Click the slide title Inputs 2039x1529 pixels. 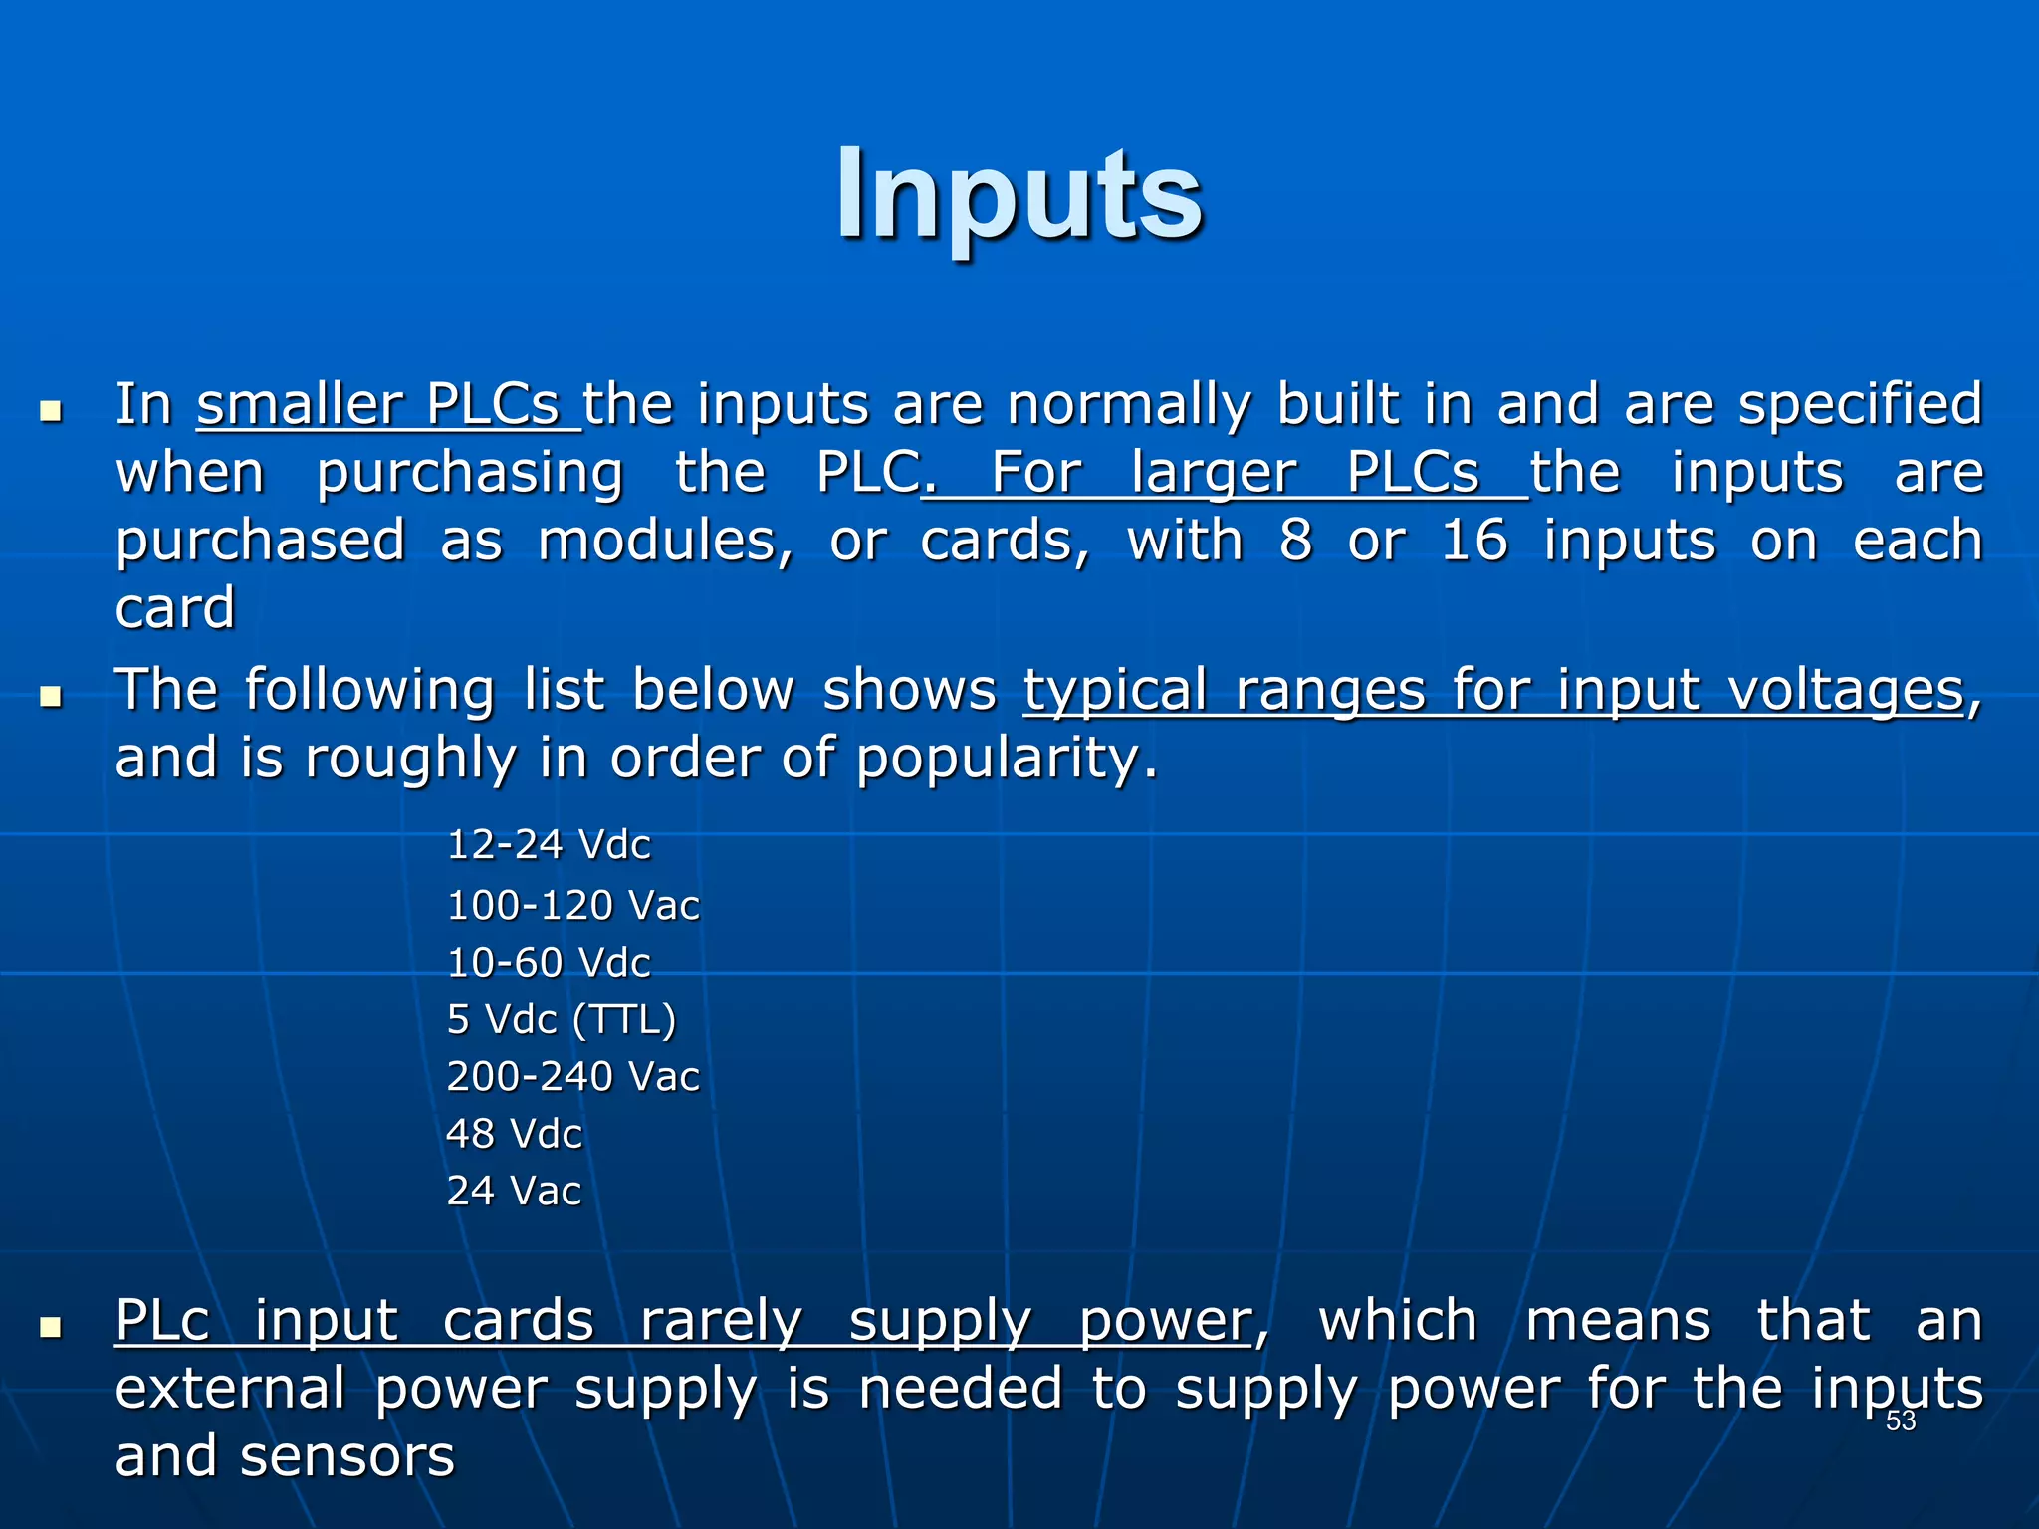tap(1019, 195)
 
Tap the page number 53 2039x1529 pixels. tap(1900, 1421)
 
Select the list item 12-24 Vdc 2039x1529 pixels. tap(549, 845)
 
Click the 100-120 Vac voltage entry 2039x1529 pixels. tap(573, 906)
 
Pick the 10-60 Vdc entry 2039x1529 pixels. tap(549, 963)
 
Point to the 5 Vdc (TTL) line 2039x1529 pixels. tap(562, 1019)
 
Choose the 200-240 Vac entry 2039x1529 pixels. tap(573, 1077)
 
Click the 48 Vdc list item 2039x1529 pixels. tap(514, 1134)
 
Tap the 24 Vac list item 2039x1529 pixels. tap(514, 1191)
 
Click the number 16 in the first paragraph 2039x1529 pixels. tap(1474, 541)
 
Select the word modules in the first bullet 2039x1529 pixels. tap(665, 541)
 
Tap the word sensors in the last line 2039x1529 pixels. tap(347, 1456)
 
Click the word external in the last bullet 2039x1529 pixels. tap(230, 1389)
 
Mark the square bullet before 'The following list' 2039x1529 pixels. tap(51, 696)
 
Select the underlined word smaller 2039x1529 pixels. tap(300, 405)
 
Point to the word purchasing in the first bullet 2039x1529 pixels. tap(469, 473)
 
